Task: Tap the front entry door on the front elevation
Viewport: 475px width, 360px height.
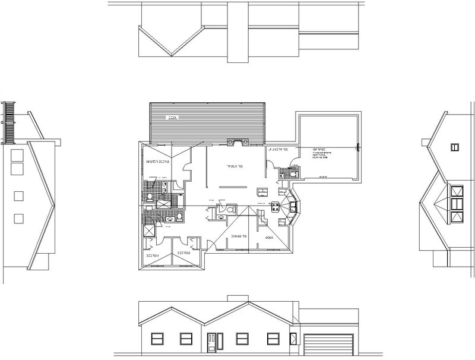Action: click(211, 343)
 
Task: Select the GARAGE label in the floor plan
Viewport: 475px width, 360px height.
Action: click(320, 149)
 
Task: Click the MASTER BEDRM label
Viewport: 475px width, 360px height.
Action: click(157, 162)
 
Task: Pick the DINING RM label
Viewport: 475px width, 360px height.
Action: click(240, 236)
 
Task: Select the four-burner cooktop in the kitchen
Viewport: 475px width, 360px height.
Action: click(275, 207)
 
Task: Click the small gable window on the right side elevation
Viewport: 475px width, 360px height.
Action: click(455, 147)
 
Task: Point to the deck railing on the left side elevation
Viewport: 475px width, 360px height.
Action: click(8, 123)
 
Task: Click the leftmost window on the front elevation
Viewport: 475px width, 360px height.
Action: click(157, 339)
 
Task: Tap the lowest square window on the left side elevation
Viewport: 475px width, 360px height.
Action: click(18, 218)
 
